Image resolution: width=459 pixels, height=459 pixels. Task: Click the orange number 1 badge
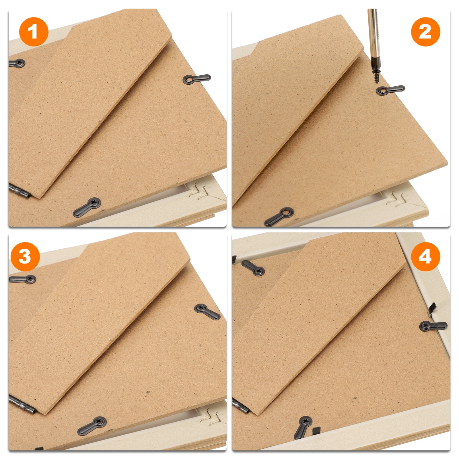(x=34, y=32)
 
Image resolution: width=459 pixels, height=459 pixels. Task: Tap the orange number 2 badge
(x=425, y=32)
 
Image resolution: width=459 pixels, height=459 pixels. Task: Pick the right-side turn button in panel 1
(x=197, y=79)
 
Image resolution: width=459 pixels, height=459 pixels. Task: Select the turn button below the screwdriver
(x=390, y=90)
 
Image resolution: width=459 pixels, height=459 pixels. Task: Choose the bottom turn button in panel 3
(x=92, y=426)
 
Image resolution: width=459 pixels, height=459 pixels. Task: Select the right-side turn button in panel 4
(x=433, y=326)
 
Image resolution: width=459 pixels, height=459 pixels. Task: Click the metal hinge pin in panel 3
(x=22, y=404)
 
